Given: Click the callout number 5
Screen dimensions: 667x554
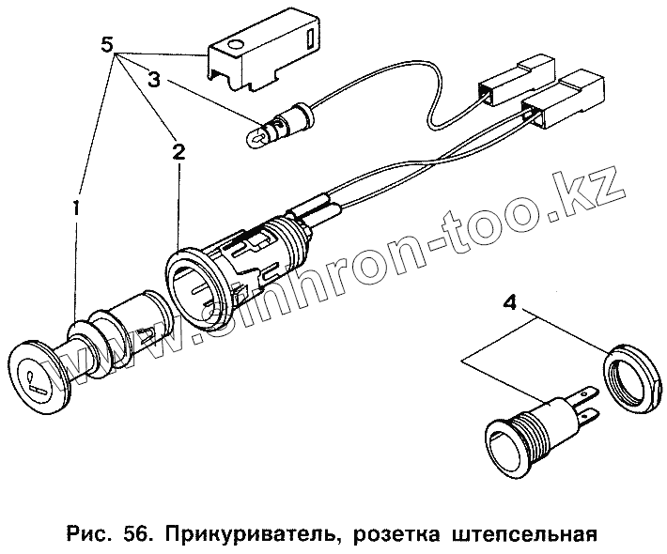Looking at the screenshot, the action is coord(109,44).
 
